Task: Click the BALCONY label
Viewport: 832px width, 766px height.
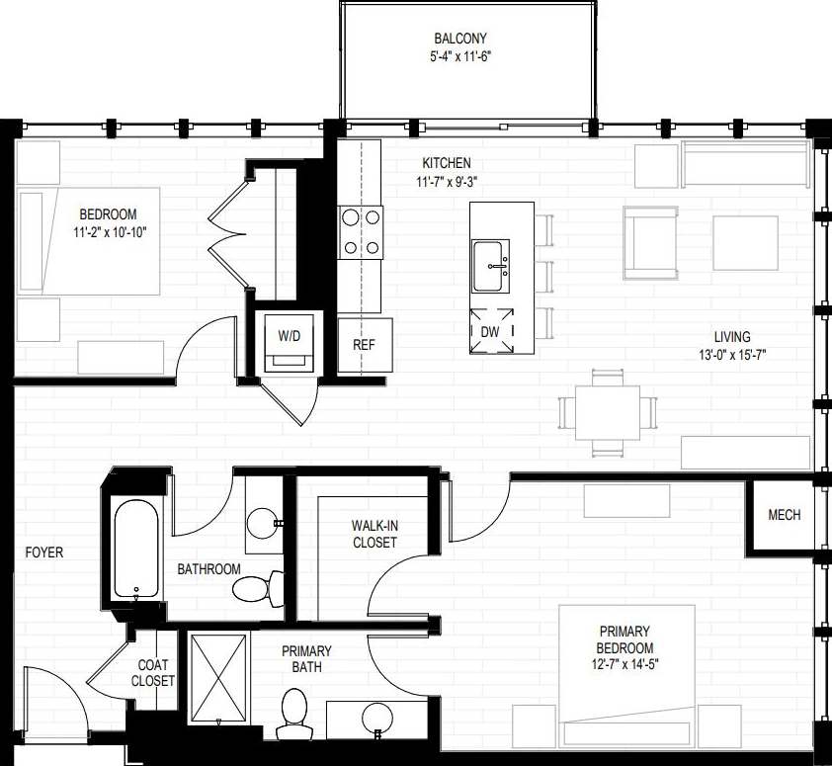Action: [467, 39]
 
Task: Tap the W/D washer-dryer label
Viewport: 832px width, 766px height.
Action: [289, 336]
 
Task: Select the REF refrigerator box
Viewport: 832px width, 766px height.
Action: [364, 345]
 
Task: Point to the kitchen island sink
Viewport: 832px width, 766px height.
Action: [491, 266]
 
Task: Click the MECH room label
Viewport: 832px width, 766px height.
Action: [784, 515]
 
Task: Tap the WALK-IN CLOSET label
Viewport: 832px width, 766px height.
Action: [374, 535]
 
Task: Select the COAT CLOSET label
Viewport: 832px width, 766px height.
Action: [155, 672]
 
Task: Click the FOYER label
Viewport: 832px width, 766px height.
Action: [43, 553]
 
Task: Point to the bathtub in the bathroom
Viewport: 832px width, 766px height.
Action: [135, 550]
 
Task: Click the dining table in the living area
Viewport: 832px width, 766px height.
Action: [608, 412]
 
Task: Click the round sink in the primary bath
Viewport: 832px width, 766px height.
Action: [374, 717]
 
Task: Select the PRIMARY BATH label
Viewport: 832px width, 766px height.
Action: [306, 659]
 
